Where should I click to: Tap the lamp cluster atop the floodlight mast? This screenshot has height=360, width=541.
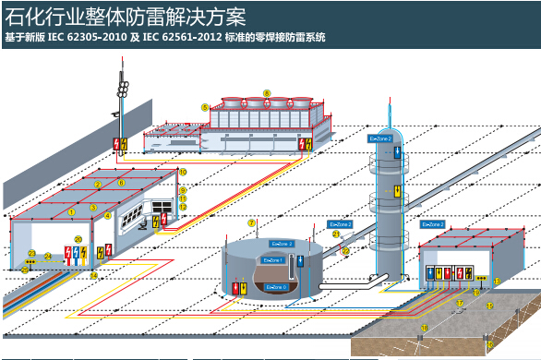pyautogui.click(x=120, y=87)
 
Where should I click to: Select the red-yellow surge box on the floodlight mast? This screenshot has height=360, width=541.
pyautogui.click(x=118, y=144)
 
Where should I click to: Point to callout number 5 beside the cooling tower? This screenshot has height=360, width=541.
pyautogui.click(x=204, y=108)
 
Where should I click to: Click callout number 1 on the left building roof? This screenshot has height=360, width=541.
pyautogui.click(x=70, y=210)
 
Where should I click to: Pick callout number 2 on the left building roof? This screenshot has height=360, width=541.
pyautogui.click(x=96, y=185)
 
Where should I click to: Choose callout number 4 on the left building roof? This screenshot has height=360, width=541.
pyautogui.click(x=108, y=216)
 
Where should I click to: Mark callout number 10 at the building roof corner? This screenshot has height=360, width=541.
pyautogui.click(x=183, y=172)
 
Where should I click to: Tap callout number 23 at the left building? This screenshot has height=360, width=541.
pyautogui.click(x=30, y=253)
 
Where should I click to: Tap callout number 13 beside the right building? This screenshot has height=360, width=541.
pyautogui.click(x=497, y=281)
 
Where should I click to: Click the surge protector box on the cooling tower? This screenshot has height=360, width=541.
pyautogui.click(x=301, y=143)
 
